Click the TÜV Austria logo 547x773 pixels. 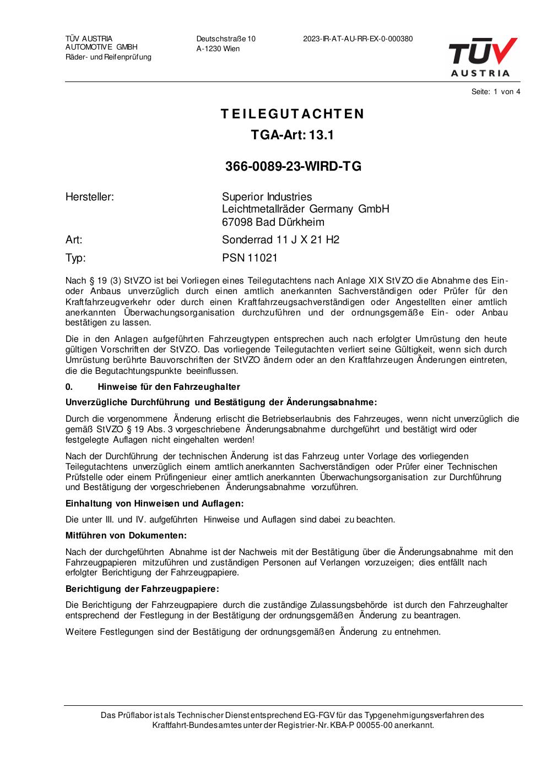pos(483,57)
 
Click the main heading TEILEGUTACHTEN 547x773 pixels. pos(293,114)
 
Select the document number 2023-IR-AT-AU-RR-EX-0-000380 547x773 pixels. pos(358,39)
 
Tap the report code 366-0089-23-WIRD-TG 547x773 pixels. pos(293,166)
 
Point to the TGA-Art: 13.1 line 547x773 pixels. pos(293,135)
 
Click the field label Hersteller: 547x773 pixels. pos(90,197)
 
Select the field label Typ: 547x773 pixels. pos(75,258)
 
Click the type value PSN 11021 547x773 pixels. pos(250,258)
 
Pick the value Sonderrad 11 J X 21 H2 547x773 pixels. pos(280,239)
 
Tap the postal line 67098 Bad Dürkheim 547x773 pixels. pos(273,222)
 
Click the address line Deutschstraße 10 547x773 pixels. pos(226,39)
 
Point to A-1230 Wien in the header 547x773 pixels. pos(218,48)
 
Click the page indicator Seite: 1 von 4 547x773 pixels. pos(496,91)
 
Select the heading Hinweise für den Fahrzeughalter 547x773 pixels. pos(169,386)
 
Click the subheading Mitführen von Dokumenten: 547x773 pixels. pos(126,535)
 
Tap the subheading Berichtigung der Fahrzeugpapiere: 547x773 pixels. pos(142,589)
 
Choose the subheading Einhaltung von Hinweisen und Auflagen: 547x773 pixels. pos(154,503)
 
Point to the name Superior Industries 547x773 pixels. pos(267,197)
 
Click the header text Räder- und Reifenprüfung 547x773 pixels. pos(109,57)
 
